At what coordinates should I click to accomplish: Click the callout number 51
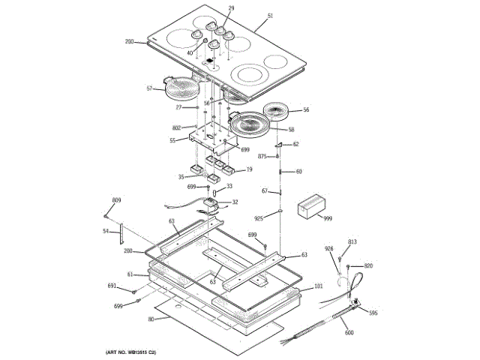pos(270,15)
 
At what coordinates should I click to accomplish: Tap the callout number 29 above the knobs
pos(211,8)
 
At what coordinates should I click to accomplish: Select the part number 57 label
pos(149,88)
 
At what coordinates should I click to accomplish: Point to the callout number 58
pos(292,130)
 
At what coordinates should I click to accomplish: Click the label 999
pos(328,217)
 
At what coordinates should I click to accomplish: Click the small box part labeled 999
pos(310,206)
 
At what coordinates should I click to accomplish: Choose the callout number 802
pos(177,127)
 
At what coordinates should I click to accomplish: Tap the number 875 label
pos(262,156)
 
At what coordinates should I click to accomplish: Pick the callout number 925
pos(259,217)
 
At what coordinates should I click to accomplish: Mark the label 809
pos(116,199)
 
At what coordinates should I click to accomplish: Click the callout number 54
pos(106,232)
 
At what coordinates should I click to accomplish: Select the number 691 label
pos(112,286)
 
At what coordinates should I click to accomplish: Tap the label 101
pos(318,286)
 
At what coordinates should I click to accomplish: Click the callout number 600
pos(349,332)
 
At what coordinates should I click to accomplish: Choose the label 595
pos(373,313)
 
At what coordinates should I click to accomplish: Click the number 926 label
pos(328,248)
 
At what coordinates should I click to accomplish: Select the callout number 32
pos(235,202)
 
